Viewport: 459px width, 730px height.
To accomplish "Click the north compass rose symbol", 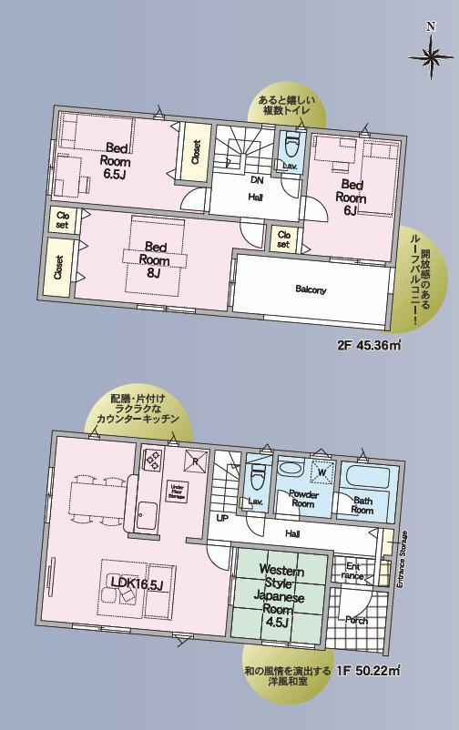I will (x=430, y=60).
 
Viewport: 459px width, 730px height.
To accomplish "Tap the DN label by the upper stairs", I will (x=257, y=179).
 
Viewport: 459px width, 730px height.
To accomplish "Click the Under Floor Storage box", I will (x=178, y=492).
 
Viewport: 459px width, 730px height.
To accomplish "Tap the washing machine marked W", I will (x=321, y=472).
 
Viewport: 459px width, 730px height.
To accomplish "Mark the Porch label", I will (x=356, y=620).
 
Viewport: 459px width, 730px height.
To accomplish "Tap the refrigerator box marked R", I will (x=192, y=460).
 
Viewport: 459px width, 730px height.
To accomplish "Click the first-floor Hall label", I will (x=292, y=534).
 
